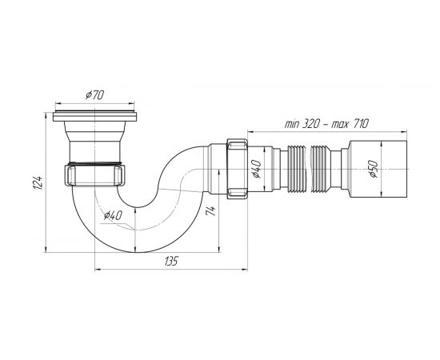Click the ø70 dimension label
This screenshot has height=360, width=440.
[94, 95]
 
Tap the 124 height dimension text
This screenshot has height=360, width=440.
[38, 183]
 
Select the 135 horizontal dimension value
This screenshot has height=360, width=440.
[171, 262]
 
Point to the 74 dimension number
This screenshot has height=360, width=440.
[211, 210]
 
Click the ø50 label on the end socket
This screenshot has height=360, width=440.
[374, 170]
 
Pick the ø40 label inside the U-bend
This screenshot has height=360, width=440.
[113, 215]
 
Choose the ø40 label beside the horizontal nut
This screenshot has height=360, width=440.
[257, 169]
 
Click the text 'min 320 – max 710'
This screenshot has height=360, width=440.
[326, 124]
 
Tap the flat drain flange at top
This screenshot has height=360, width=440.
[95, 116]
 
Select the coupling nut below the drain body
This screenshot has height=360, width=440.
[95, 175]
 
